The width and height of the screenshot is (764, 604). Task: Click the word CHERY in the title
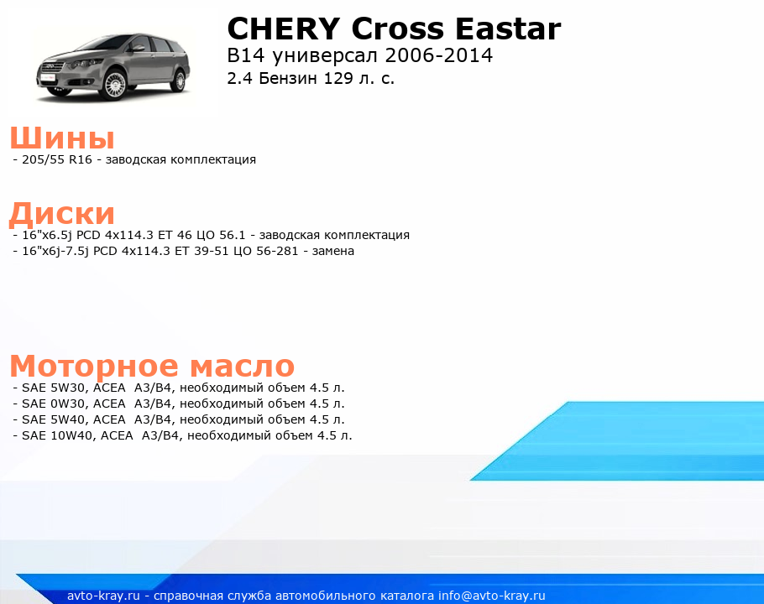284,29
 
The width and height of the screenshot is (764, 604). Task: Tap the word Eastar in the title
508,29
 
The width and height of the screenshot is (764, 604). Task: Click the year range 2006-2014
438,55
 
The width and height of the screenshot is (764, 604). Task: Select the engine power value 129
338,78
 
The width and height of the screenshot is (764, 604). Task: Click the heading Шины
62,138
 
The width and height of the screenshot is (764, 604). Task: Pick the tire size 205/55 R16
57,159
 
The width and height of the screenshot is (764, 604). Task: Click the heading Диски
62,214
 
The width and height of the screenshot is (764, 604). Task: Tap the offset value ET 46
175,235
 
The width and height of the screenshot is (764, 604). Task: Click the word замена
332,251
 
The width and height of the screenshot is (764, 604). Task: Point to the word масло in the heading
242,366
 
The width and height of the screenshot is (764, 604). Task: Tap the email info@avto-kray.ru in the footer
492,596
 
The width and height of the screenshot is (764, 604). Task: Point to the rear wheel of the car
179,80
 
